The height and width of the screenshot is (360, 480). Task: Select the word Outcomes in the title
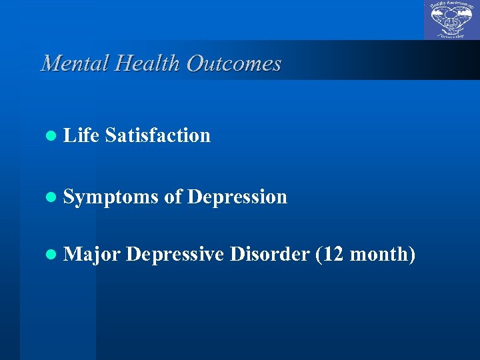pyautogui.click(x=234, y=63)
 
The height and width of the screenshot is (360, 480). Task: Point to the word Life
pyautogui.click(x=81, y=135)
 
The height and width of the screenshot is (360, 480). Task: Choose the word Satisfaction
pyautogui.click(x=157, y=135)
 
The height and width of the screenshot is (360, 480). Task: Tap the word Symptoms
pyautogui.click(x=111, y=197)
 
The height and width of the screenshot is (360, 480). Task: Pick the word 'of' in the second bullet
pyautogui.click(x=173, y=197)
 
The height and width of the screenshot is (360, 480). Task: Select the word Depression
pyautogui.click(x=237, y=197)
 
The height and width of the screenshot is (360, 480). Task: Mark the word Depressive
pyautogui.click(x=175, y=254)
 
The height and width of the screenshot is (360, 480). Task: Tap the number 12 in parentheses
pyautogui.click(x=333, y=254)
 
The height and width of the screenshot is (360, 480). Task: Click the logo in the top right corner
pyautogui.click(x=451, y=20)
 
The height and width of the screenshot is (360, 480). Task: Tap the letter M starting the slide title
pyautogui.click(x=49, y=63)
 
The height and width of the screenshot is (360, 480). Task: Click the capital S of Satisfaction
pyautogui.click(x=109, y=135)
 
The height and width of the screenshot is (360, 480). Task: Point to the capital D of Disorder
pyautogui.click(x=236, y=254)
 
